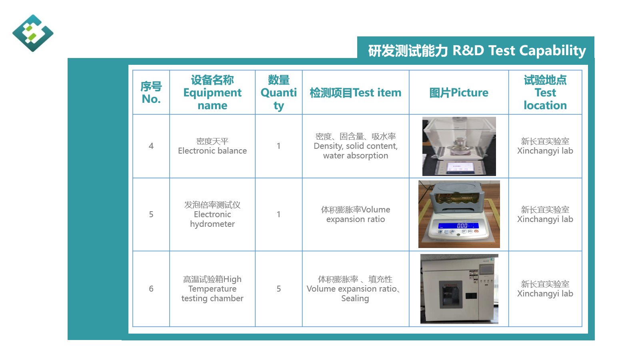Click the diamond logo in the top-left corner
pos(33,33)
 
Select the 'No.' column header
pos(151,92)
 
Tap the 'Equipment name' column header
pos(212,92)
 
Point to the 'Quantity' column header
pos(278,92)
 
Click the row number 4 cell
pos(151,146)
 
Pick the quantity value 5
pos(278,288)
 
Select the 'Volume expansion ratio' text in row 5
pos(356,214)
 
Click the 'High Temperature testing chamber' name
pos(212,288)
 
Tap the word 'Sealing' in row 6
pos(355,298)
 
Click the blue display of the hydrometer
pos(458,226)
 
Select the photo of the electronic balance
pos(459,146)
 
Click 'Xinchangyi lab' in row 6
pos(545,294)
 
